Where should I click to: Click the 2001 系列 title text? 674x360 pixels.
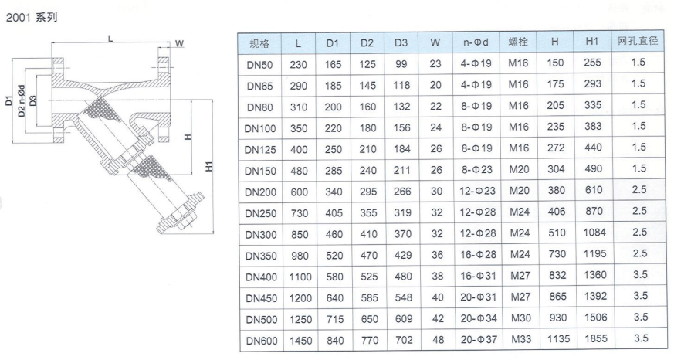pyautogui.click(x=32, y=17)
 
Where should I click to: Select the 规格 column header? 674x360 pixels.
pyautogui.click(x=259, y=43)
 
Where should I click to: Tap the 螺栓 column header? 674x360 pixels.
pyautogui.click(x=518, y=42)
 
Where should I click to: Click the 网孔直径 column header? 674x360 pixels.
pyautogui.click(x=638, y=41)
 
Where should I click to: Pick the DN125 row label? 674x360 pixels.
pyautogui.click(x=260, y=150)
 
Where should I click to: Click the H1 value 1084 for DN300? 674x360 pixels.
pyautogui.click(x=594, y=233)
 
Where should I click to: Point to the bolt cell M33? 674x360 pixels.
pyautogui.click(x=521, y=339)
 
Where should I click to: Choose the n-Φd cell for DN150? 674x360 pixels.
pyautogui.click(x=476, y=170)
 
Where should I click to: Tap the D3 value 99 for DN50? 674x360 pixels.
pyautogui.click(x=401, y=64)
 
